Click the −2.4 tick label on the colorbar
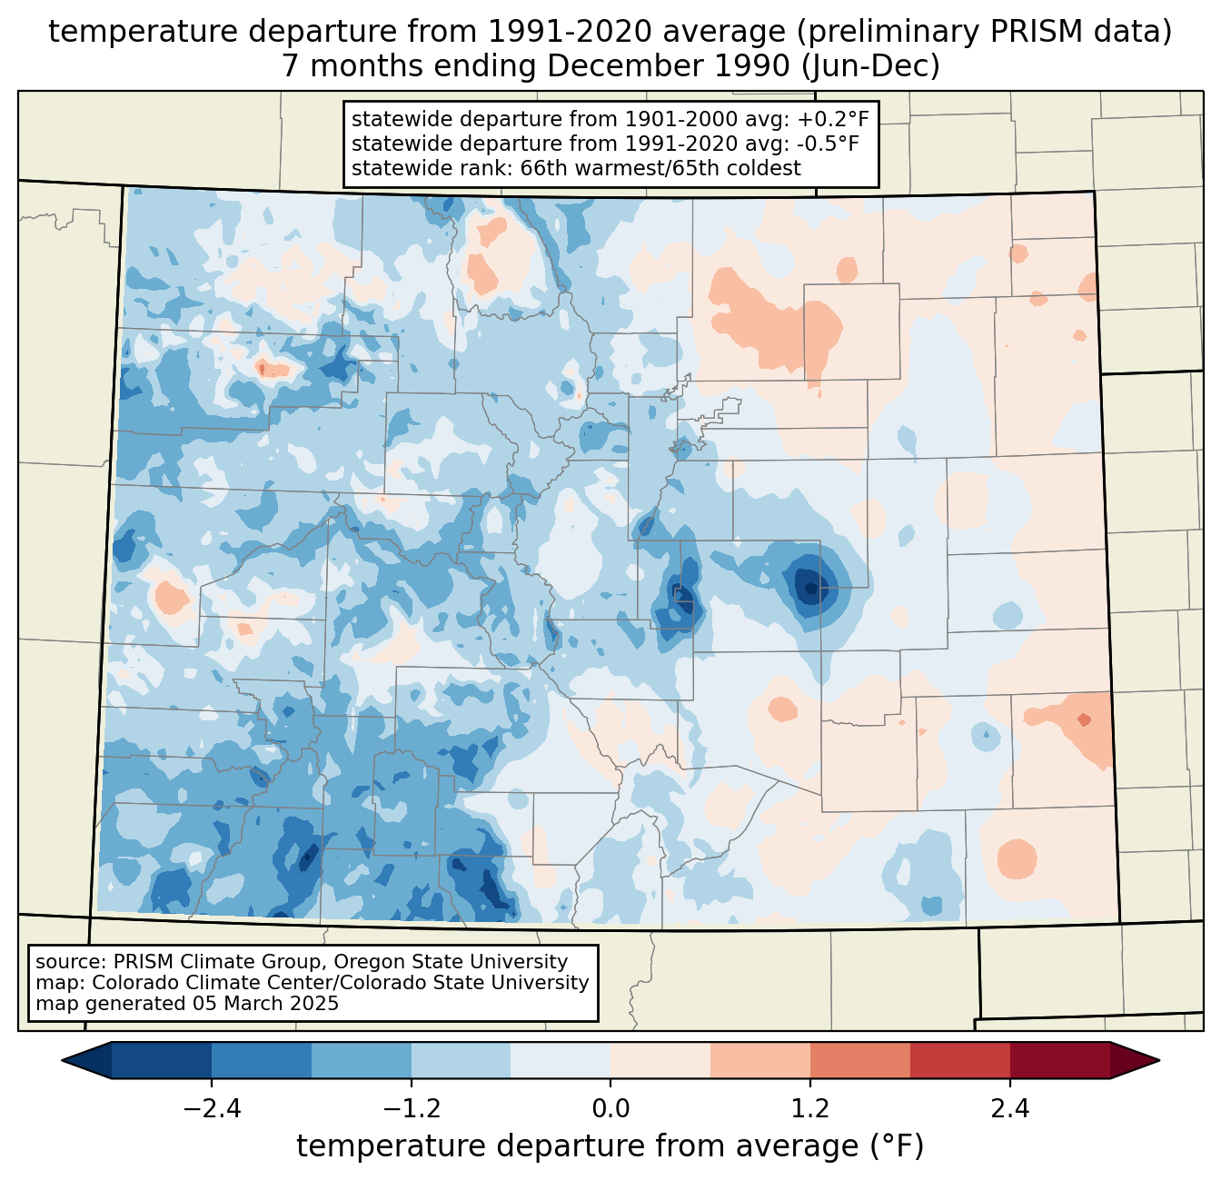[x=212, y=1109]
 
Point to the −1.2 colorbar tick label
[x=411, y=1109]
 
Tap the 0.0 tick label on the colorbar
[x=610, y=1109]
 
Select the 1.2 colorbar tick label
[x=810, y=1109]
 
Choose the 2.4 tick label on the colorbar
[x=1009, y=1109]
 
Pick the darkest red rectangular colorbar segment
[x=1059, y=1060]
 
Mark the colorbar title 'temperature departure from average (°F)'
[x=610, y=1146]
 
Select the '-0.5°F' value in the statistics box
[x=829, y=144]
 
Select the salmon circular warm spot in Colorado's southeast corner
[x=1016, y=858]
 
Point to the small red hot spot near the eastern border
[x=1084, y=719]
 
